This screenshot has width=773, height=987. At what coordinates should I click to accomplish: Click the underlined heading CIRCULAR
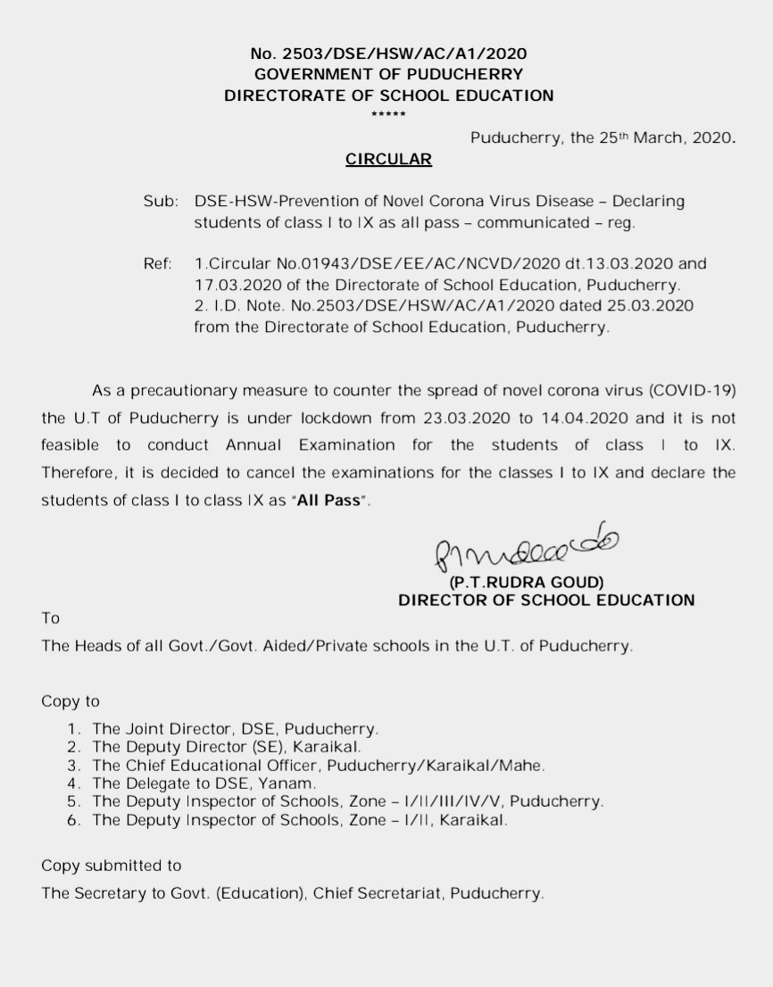(388, 160)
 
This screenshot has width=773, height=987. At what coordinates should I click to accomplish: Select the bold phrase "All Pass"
(335, 501)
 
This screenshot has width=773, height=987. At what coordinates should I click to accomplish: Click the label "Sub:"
(160, 202)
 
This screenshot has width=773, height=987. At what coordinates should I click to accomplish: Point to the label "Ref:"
(158, 264)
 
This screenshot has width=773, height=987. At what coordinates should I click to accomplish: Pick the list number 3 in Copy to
(74, 766)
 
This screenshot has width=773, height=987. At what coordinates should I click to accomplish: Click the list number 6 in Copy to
(74, 820)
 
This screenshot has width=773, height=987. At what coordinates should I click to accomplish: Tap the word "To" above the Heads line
(50, 618)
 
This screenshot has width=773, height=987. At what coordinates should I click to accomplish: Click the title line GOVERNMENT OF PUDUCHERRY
(388, 75)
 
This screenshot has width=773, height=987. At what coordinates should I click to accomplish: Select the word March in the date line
(657, 138)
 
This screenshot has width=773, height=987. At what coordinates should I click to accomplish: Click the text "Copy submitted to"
(112, 866)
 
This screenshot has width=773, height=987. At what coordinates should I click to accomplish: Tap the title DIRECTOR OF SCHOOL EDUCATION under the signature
(546, 601)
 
